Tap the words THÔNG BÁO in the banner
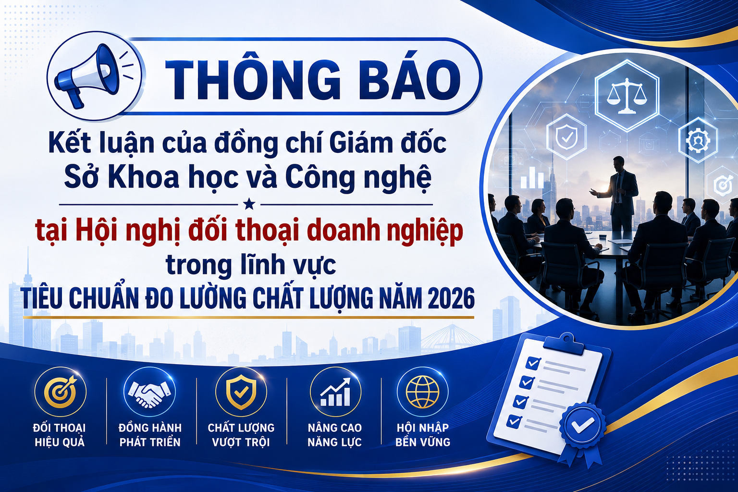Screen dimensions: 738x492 [x=313, y=80]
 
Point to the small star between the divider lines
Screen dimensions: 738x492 [x=249, y=204]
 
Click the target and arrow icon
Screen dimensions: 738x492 [x=60, y=393]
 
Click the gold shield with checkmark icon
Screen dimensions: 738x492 [x=241, y=392]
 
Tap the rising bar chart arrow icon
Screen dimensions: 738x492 [x=335, y=392]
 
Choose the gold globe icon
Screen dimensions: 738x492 [x=423, y=392]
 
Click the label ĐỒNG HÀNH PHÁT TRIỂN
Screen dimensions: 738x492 [x=150, y=435]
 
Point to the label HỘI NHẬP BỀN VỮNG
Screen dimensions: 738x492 [x=423, y=435]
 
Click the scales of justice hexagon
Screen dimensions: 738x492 [x=627, y=96]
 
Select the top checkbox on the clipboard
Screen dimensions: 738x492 [x=533, y=363]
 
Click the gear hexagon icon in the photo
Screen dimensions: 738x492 [x=698, y=140]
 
